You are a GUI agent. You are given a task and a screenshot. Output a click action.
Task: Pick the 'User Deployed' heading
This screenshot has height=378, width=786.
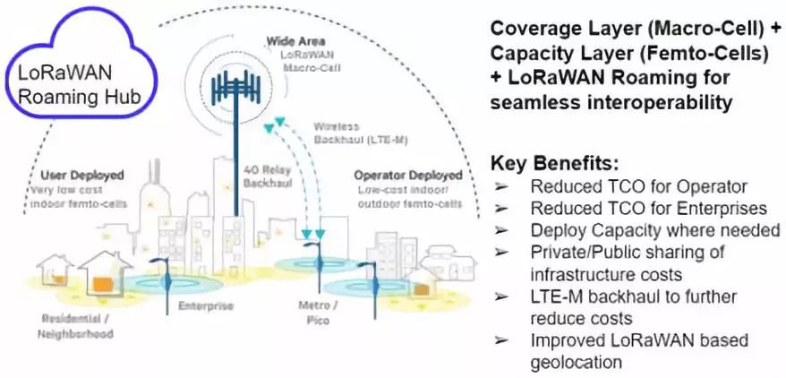pos(81,175)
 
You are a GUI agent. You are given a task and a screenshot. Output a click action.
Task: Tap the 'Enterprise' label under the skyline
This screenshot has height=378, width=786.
pos(207,306)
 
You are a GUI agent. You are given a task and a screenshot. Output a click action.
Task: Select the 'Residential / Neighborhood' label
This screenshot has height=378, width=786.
pos(76,327)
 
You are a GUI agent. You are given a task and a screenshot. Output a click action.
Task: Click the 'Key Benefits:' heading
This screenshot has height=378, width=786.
pos(554,164)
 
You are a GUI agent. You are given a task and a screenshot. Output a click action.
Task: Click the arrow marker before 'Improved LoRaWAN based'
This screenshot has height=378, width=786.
pos(503,341)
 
